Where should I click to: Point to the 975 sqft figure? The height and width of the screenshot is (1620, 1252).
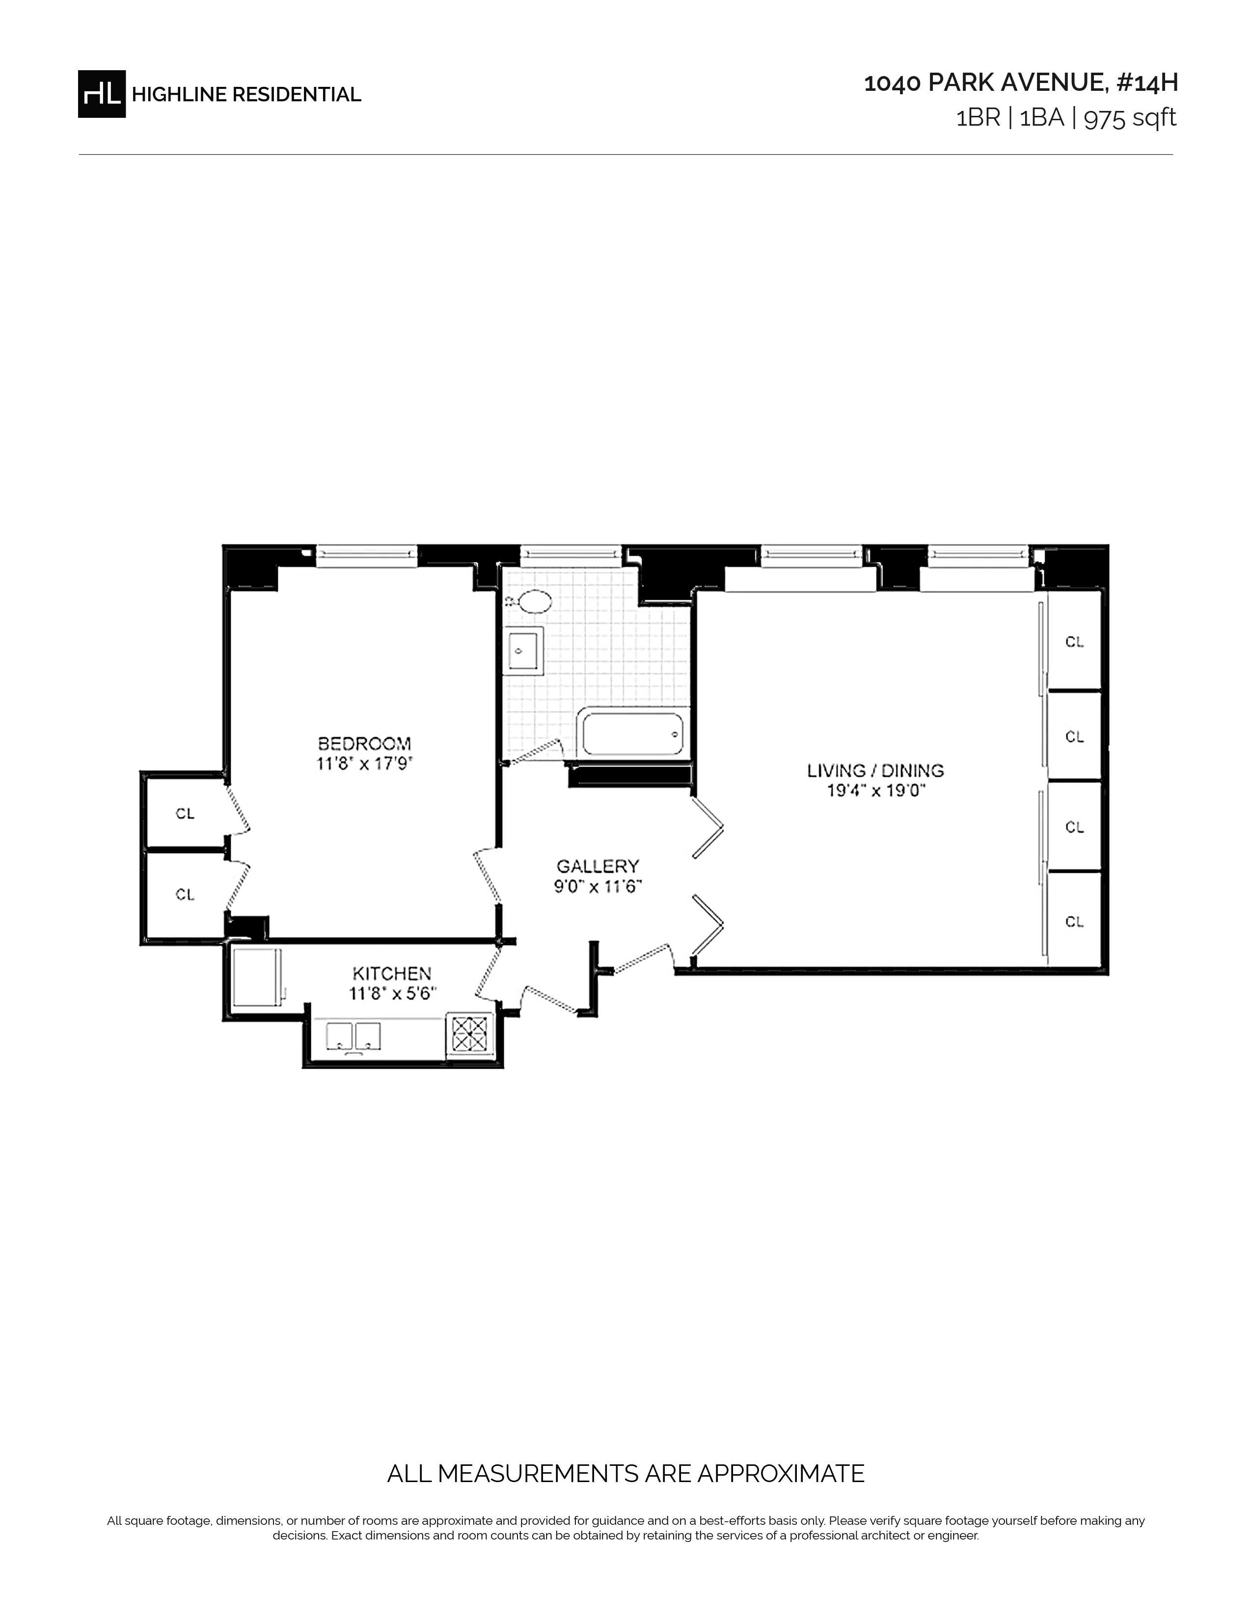pyautogui.click(x=1130, y=118)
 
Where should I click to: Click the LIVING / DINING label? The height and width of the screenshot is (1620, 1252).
pyautogui.click(x=875, y=771)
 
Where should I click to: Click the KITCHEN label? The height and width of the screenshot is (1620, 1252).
pyautogui.click(x=392, y=973)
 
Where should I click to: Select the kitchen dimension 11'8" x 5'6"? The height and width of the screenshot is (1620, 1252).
pyautogui.click(x=392, y=993)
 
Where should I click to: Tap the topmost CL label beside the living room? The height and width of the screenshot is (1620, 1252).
pyautogui.click(x=1075, y=642)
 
